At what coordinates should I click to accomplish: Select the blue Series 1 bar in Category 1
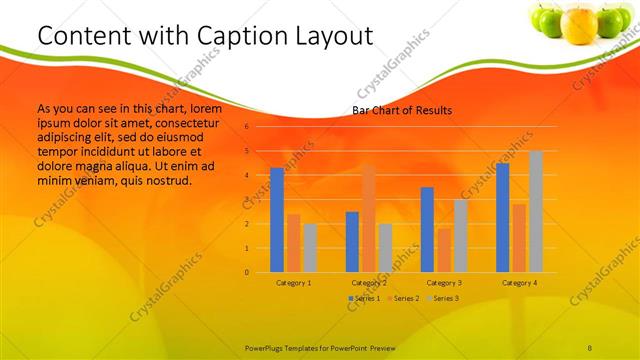(x=277, y=220)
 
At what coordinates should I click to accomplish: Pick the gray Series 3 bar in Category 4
(x=536, y=211)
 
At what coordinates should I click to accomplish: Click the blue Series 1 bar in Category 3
(x=427, y=229)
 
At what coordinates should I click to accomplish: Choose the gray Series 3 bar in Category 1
(x=310, y=247)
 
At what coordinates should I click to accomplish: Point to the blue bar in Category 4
(x=502, y=217)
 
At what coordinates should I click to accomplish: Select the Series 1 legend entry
(x=365, y=299)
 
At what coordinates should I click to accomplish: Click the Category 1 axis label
(x=293, y=283)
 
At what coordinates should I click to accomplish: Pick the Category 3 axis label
(x=444, y=283)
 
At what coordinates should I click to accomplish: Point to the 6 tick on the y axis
(x=247, y=127)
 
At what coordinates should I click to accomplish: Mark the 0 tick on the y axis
(x=247, y=272)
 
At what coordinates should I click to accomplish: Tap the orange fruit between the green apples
(x=579, y=25)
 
